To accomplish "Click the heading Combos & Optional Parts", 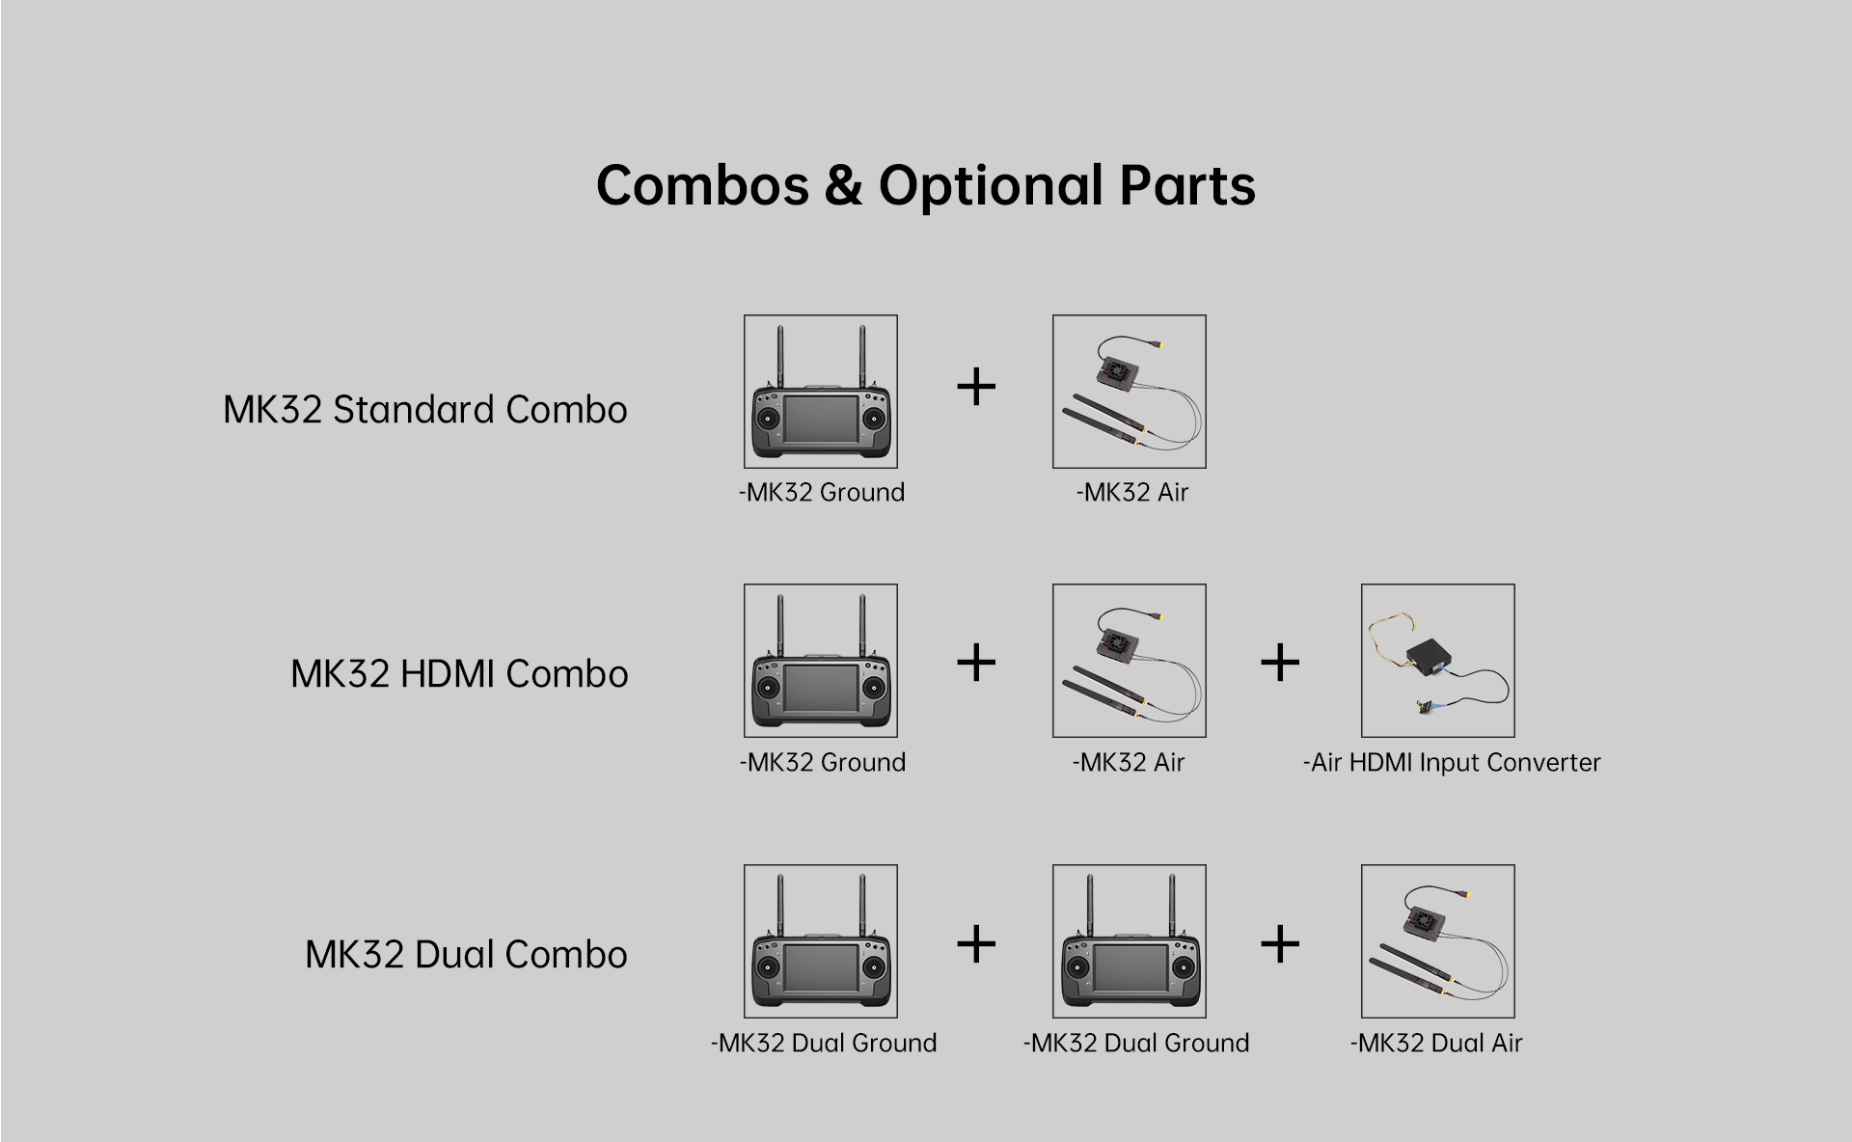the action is pyautogui.click(x=926, y=185).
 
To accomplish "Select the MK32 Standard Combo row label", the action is pyautogui.click(x=425, y=410).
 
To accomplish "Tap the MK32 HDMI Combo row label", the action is pyautogui.click(x=459, y=674).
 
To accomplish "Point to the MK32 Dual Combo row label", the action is pyautogui.click(x=467, y=955).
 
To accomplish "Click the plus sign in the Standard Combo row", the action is pyautogui.click(x=976, y=388).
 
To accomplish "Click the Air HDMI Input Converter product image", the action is pyautogui.click(x=1438, y=661).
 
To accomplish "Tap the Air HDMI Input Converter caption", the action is pyautogui.click(x=1452, y=763).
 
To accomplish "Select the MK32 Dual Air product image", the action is pyautogui.click(x=1438, y=941).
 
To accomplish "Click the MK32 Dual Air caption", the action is pyautogui.click(x=1436, y=1043).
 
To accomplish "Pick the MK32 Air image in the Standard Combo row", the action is pyautogui.click(x=1130, y=392).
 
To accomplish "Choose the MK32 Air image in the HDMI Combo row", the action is pyautogui.click(x=1130, y=661).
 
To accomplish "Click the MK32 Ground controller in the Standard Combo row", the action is pyautogui.click(x=821, y=392).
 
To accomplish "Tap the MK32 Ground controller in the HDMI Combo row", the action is pyautogui.click(x=821, y=661).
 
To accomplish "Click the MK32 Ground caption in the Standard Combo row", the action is pyautogui.click(x=822, y=493).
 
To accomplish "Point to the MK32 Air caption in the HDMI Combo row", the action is pyautogui.click(x=1129, y=763).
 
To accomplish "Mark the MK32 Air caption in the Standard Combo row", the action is pyautogui.click(x=1132, y=493).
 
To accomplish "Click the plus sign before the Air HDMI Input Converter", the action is pyautogui.click(x=1280, y=663).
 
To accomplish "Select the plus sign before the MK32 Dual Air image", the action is pyautogui.click(x=1280, y=943).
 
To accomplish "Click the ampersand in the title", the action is pyautogui.click(x=844, y=185).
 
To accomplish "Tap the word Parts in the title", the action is pyautogui.click(x=1187, y=185).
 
